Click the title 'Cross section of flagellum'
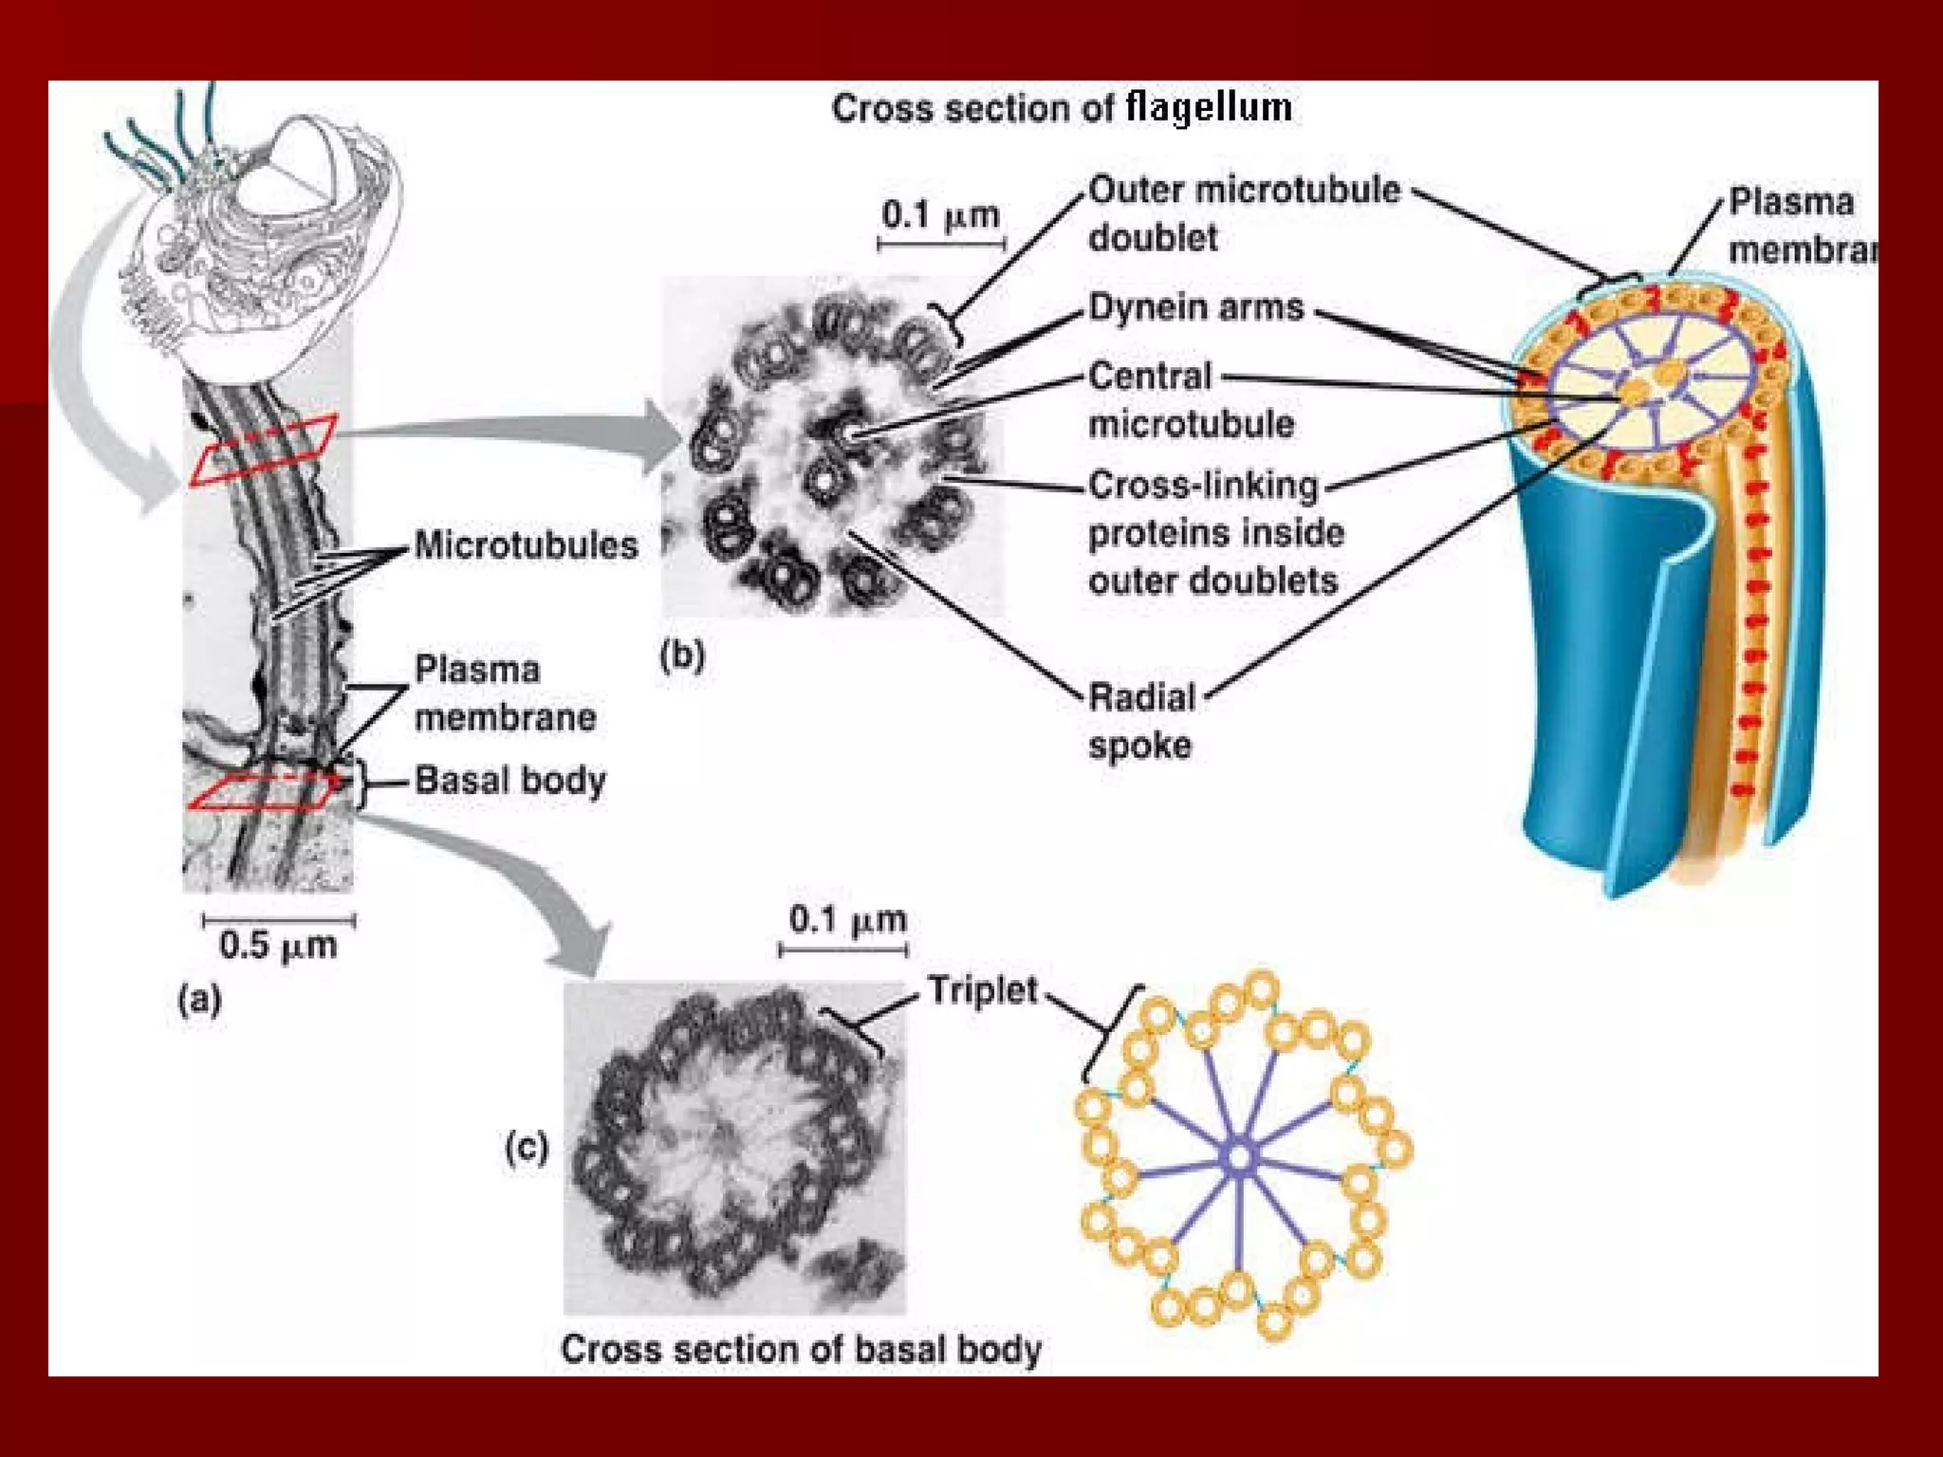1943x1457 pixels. point(1062,108)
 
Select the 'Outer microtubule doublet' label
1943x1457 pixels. point(1243,213)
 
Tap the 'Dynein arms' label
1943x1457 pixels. point(1195,308)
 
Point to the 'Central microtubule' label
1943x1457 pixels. point(1191,400)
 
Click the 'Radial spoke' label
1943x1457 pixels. point(1141,721)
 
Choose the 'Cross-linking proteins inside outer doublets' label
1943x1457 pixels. point(1215,532)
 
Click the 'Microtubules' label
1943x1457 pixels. point(526,545)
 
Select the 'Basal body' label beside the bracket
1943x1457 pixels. point(509,781)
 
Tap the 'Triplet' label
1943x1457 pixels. point(982,990)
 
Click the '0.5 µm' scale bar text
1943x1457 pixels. point(278,946)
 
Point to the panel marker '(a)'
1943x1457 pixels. point(200,1000)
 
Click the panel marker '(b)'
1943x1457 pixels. point(682,655)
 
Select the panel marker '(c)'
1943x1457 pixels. point(527,1148)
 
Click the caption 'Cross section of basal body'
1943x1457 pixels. point(801,1349)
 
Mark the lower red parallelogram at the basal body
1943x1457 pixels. point(264,792)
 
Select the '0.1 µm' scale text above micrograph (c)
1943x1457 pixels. point(847,919)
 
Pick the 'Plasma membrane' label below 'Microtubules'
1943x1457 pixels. point(505,693)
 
